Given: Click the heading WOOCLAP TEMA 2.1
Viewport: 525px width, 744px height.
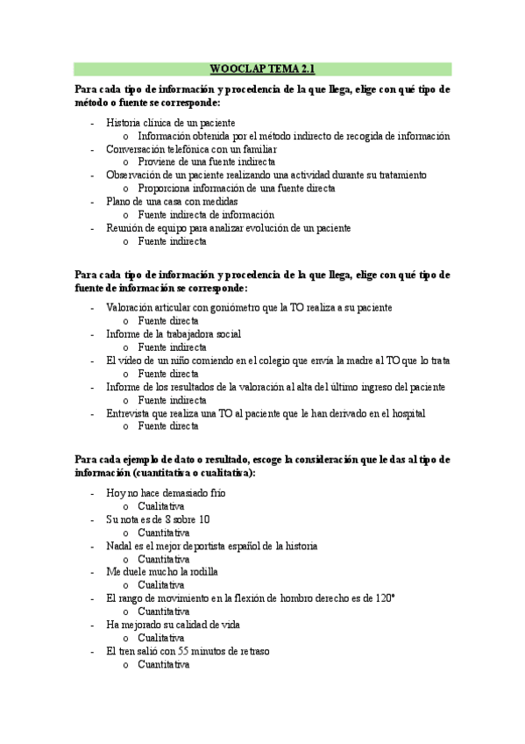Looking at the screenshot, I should pos(262,68).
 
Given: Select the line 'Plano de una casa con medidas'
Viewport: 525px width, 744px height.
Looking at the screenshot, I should pos(171,202).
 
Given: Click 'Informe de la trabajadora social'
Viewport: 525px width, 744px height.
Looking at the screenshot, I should pos(173,334).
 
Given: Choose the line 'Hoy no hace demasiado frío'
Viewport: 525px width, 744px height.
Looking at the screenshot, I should pos(166,493).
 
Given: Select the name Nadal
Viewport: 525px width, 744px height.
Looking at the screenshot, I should pos(119,546).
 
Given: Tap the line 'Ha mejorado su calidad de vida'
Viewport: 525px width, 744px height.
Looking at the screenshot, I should pos(173,625).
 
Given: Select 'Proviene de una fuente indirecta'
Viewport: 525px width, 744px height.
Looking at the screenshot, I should pos(207,162).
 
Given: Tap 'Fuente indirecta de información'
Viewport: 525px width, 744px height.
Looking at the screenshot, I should pos(206,215).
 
